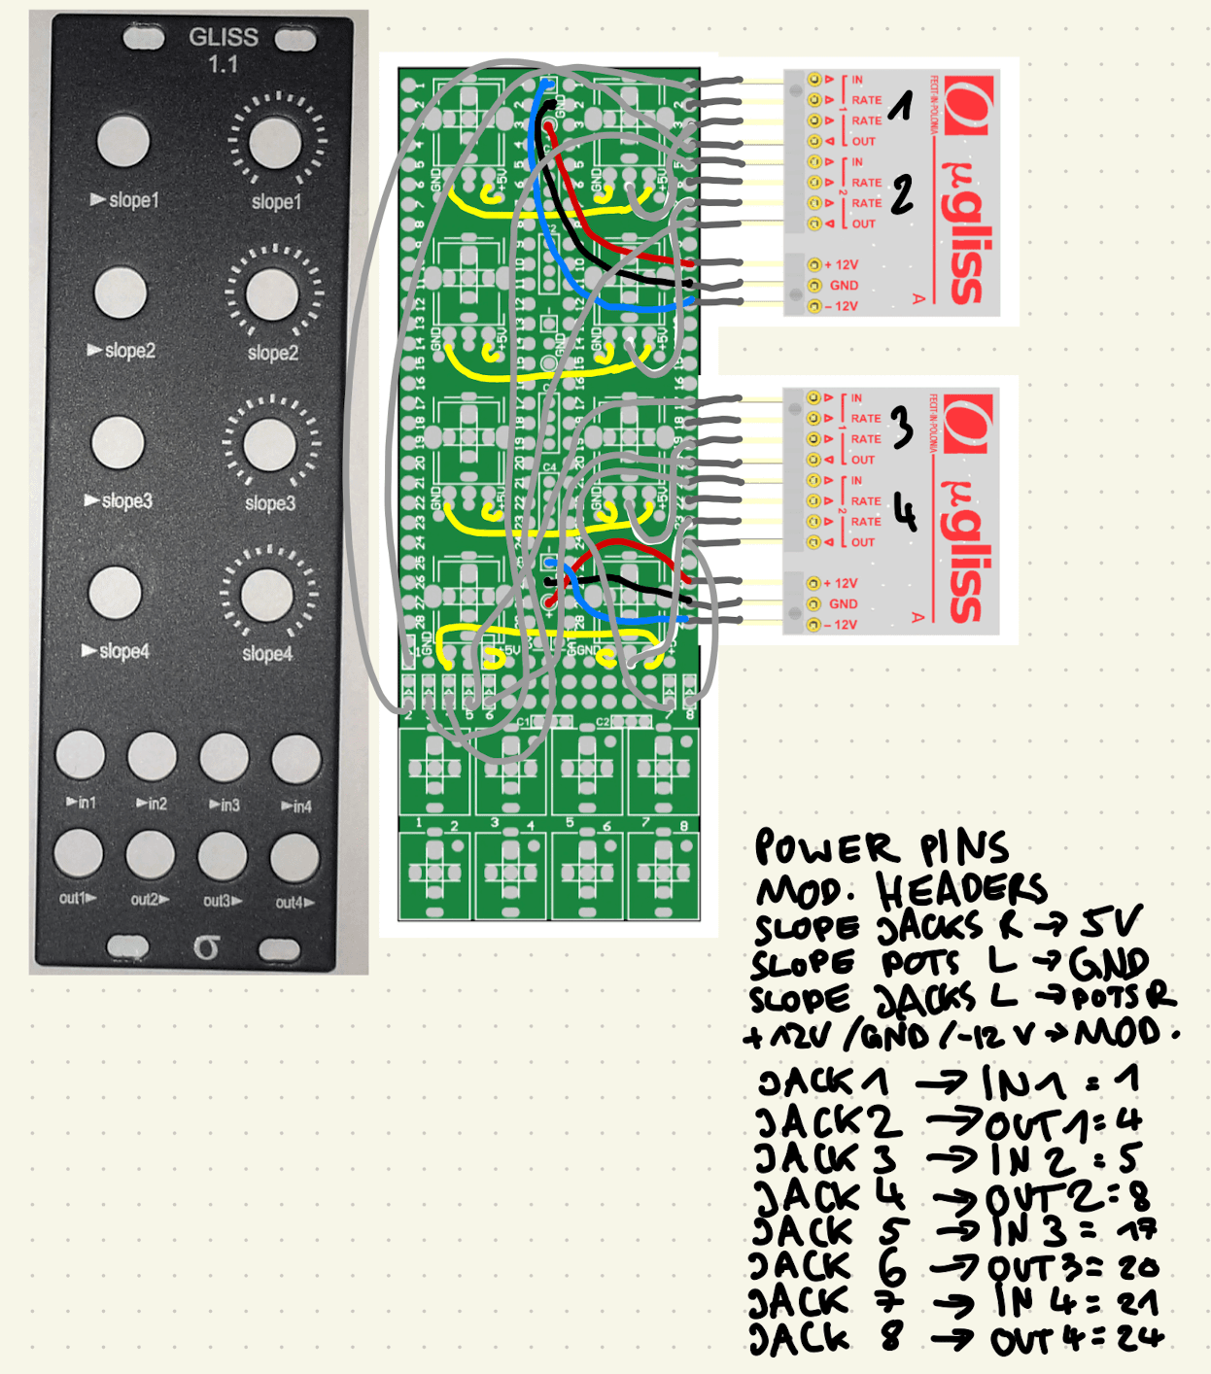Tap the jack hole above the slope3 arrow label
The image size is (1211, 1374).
tap(118, 442)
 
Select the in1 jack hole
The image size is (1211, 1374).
tap(80, 755)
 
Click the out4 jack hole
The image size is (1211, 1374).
tap(294, 858)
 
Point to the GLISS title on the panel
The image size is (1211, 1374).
tap(224, 37)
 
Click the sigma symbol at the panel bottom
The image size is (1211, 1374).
tap(205, 946)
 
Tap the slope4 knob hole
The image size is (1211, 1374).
tap(267, 595)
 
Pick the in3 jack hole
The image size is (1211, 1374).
tap(224, 758)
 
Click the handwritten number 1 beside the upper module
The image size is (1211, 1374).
tap(902, 105)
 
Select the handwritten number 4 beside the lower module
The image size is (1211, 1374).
tap(904, 512)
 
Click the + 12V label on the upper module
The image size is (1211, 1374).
tap(842, 264)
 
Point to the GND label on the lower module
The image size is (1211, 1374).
tap(844, 603)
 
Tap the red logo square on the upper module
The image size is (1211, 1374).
tap(966, 107)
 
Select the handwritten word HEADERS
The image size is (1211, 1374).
tap(961, 889)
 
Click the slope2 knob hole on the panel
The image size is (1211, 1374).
tap(272, 293)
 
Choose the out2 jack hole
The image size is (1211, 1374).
tap(151, 856)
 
